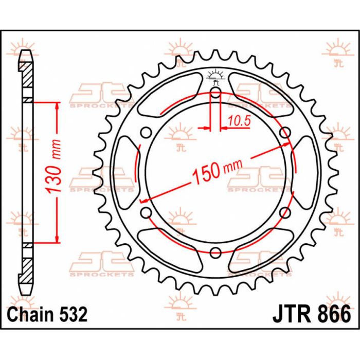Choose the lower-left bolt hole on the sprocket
coord(146,212)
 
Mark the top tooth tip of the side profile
coord(26,51)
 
